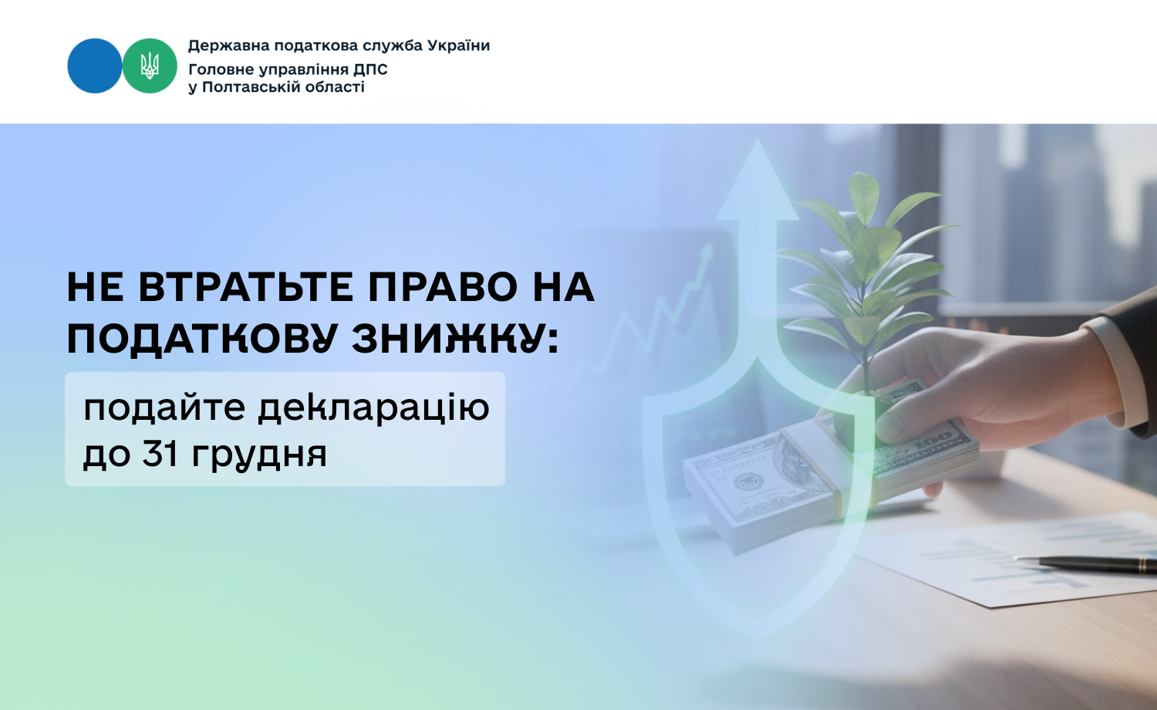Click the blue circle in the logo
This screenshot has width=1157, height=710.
95,66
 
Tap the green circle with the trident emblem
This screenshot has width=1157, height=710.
150,66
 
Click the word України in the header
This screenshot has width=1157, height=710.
456,46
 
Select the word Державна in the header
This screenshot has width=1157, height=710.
229,46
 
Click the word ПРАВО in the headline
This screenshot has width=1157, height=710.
443,287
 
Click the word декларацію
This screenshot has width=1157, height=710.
373,409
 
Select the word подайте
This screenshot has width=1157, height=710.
164,408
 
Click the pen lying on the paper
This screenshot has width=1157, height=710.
1084,564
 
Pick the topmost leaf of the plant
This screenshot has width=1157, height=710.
864,191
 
